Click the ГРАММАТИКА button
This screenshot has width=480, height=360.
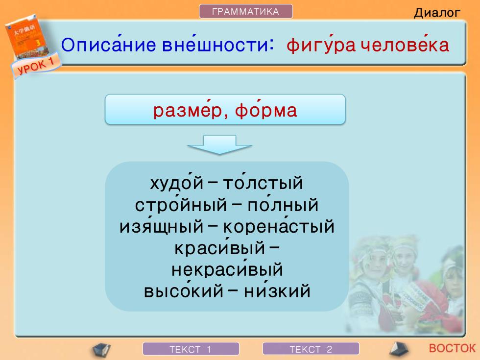tap(246, 11)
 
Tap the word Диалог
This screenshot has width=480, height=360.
tap(437, 13)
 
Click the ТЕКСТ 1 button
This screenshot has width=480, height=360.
tap(191, 349)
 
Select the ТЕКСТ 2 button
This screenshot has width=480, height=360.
tap(311, 349)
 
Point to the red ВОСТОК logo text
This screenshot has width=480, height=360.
tap(452, 348)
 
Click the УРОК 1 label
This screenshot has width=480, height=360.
tap(36, 66)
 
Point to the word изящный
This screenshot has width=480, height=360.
tap(161, 226)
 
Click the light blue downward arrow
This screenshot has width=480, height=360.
tap(219, 144)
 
